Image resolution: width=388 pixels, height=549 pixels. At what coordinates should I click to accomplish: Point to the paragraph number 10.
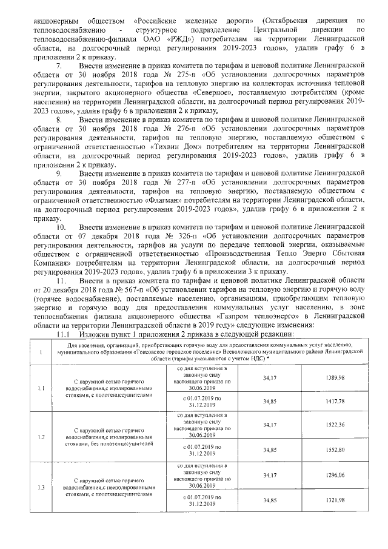click(61, 226)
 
